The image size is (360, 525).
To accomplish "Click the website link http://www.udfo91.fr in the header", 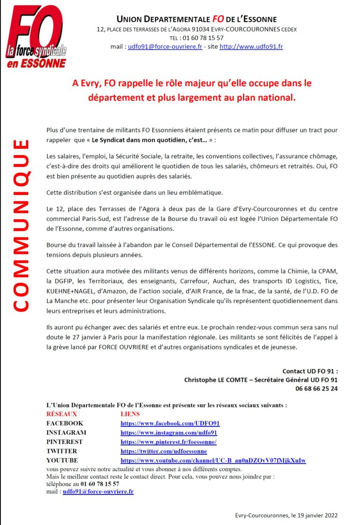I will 251,47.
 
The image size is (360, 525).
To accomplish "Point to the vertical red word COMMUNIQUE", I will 21,225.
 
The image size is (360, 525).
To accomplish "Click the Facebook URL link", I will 170,423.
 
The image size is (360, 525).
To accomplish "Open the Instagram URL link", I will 169,433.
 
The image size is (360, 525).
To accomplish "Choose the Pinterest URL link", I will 168,442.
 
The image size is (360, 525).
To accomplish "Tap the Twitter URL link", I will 164,451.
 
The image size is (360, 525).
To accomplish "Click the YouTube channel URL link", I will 213,460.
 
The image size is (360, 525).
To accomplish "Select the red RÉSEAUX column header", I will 61,414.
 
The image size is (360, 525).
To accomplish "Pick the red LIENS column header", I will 130,414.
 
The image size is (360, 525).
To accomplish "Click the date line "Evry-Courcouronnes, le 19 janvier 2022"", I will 286,515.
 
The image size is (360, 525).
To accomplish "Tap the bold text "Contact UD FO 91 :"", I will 310,371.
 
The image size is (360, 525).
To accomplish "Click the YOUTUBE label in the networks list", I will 62,460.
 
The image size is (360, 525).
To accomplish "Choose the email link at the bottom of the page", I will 98,491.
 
